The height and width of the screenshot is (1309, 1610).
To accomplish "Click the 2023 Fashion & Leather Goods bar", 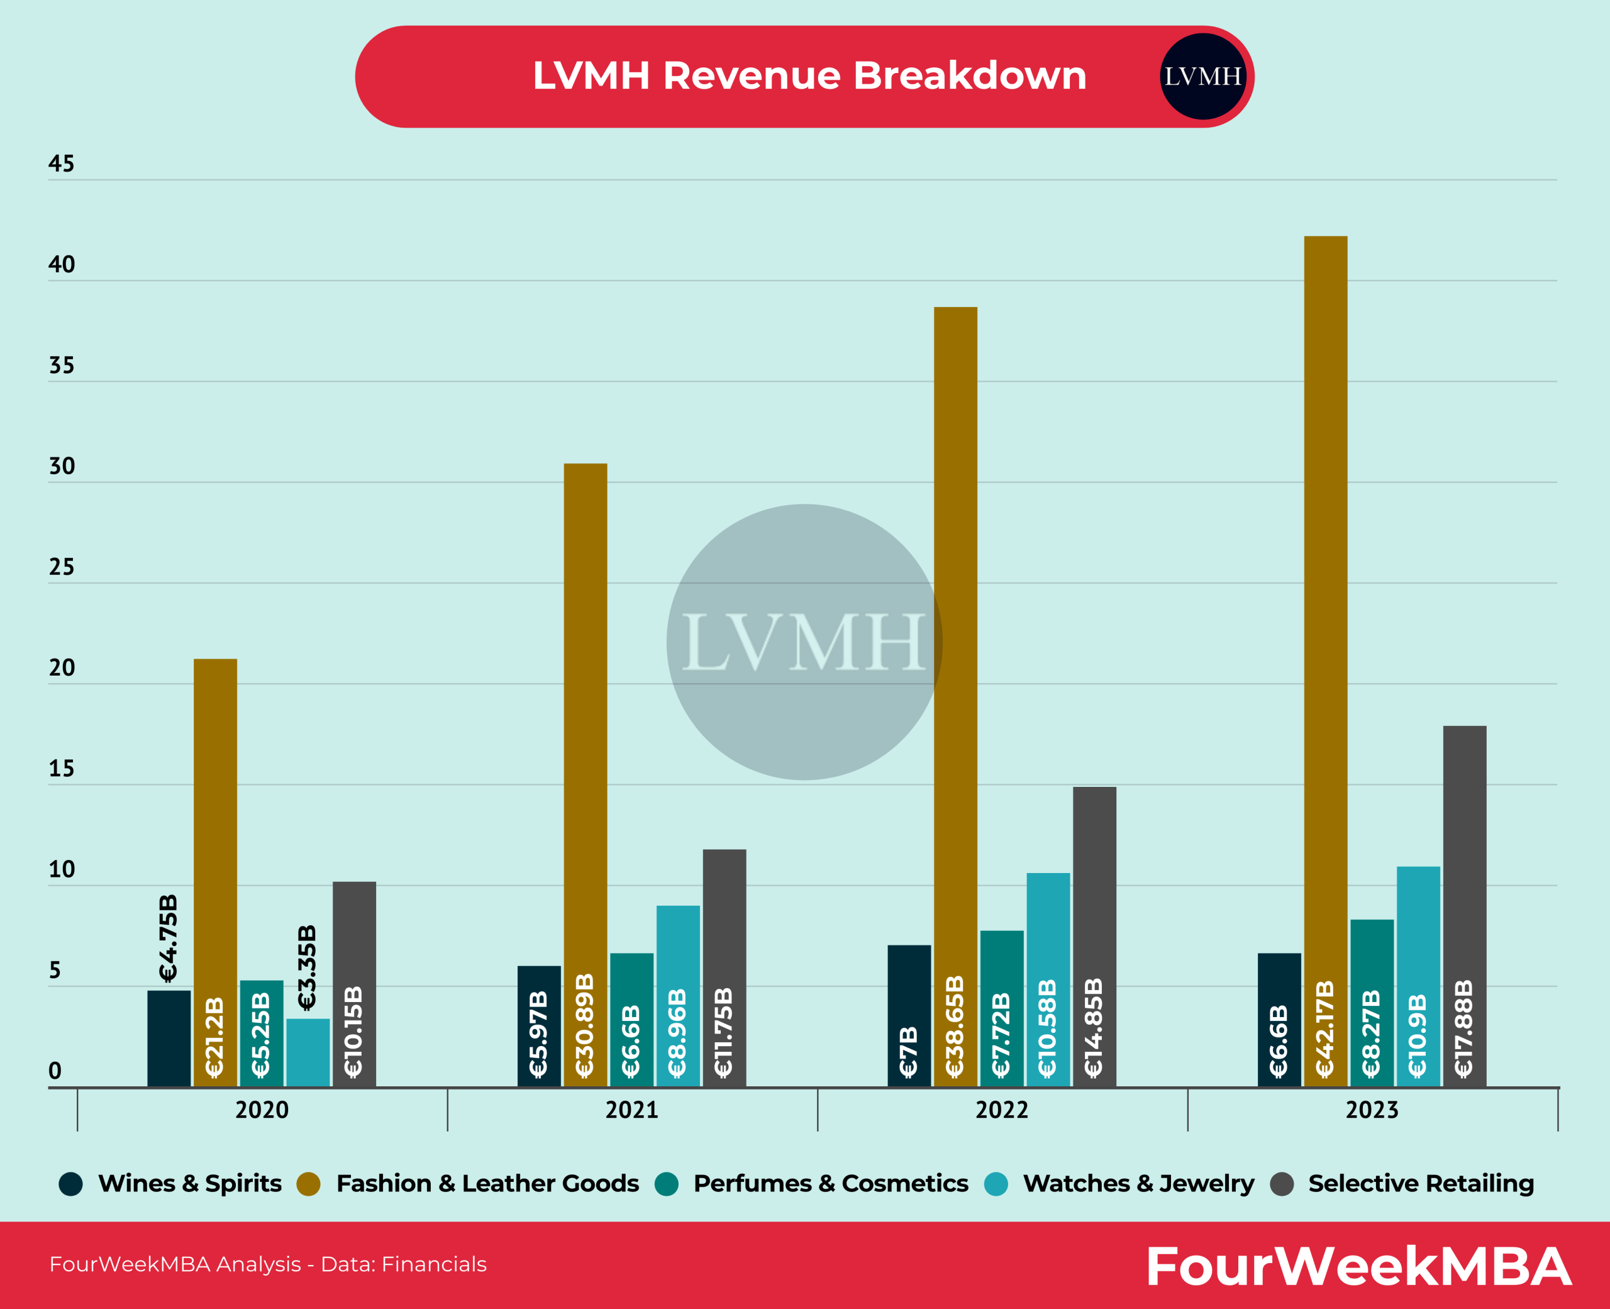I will tap(1325, 603).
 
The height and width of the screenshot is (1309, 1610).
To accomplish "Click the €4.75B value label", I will tap(168, 938).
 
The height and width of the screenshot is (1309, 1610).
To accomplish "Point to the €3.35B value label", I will tap(307, 967).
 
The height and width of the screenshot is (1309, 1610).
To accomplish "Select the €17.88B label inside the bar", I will tap(1463, 1028).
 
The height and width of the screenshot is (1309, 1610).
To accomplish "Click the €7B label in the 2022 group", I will tap(908, 1051).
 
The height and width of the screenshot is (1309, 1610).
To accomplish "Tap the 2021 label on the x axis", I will tap(631, 1110).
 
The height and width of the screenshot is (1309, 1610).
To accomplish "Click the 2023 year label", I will tap(1372, 1110).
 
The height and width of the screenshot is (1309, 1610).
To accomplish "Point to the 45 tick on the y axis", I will tap(61, 164).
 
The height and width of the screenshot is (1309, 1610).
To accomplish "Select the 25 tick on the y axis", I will tap(61, 567).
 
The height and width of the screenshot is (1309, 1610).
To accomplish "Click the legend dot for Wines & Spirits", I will tap(71, 1184).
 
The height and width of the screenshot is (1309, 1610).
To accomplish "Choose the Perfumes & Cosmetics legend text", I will tap(830, 1183).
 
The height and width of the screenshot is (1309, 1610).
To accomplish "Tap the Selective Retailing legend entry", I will tap(1420, 1183).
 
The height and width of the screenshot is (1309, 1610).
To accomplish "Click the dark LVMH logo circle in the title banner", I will tap(1202, 76).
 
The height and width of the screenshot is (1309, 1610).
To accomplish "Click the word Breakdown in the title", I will tap(969, 75).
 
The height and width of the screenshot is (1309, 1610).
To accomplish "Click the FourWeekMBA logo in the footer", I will tap(1358, 1266).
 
